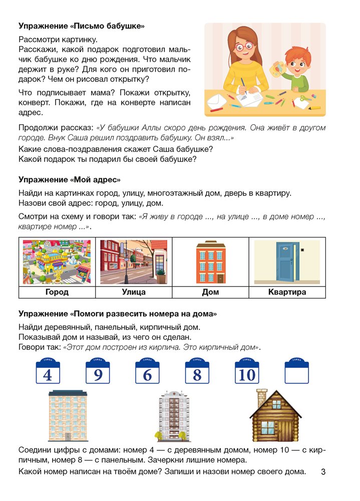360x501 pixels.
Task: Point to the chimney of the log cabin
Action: tap(261, 398)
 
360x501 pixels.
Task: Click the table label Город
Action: tap(57, 292)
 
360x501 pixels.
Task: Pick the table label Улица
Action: tap(134, 292)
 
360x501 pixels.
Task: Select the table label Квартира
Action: tap(287, 292)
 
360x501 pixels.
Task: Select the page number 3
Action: tap(323, 472)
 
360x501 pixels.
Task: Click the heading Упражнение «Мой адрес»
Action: tap(70, 179)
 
